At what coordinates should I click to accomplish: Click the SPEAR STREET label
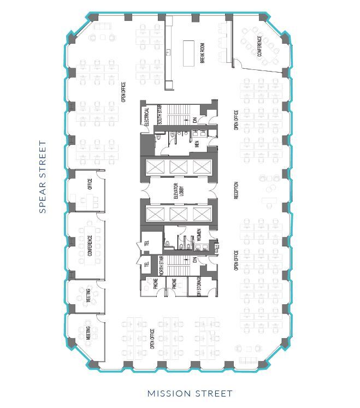(43, 178)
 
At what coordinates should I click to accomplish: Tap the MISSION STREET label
(190, 393)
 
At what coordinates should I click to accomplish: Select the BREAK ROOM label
(202, 54)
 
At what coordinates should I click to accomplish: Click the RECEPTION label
(237, 190)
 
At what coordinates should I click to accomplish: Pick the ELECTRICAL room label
(146, 117)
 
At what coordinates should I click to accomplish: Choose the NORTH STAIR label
(161, 266)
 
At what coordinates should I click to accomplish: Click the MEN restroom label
(197, 144)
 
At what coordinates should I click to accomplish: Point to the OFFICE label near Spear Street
(90, 185)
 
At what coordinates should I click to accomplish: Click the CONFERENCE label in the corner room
(259, 46)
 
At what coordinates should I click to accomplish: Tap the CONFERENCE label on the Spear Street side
(90, 246)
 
